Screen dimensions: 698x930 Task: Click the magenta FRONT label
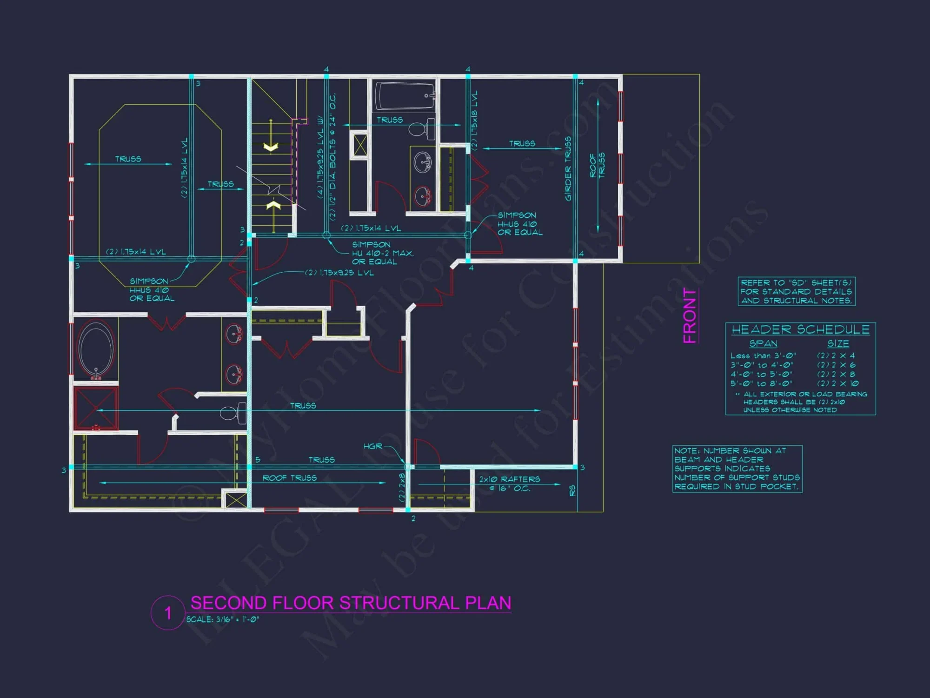pos(690,316)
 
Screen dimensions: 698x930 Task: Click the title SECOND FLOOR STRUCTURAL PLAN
pos(351,603)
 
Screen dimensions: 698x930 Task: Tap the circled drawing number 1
pos(168,613)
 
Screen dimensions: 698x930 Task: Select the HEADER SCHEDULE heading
pos(800,329)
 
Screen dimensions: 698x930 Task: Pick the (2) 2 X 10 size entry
pos(837,383)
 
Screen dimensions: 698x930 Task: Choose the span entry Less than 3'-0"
pos(763,356)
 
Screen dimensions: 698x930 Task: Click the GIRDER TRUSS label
pos(568,168)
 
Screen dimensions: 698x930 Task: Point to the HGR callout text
pos(372,446)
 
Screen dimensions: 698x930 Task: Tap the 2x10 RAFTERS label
pos(510,479)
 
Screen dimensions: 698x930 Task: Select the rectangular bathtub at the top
pos(404,95)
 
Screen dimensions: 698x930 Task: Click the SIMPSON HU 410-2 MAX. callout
pos(382,253)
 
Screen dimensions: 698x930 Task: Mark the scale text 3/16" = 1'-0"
pos(223,619)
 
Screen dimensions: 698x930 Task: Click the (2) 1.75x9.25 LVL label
pos(339,273)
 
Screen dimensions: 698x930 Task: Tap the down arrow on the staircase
pos(271,147)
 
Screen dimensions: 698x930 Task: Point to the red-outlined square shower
pos(96,408)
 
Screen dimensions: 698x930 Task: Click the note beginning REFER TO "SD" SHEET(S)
pos(796,292)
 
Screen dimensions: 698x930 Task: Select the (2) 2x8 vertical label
pos(402,487)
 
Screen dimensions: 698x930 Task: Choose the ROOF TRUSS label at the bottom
pos(289,478)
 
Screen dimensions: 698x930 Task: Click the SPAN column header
pos(763,343)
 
